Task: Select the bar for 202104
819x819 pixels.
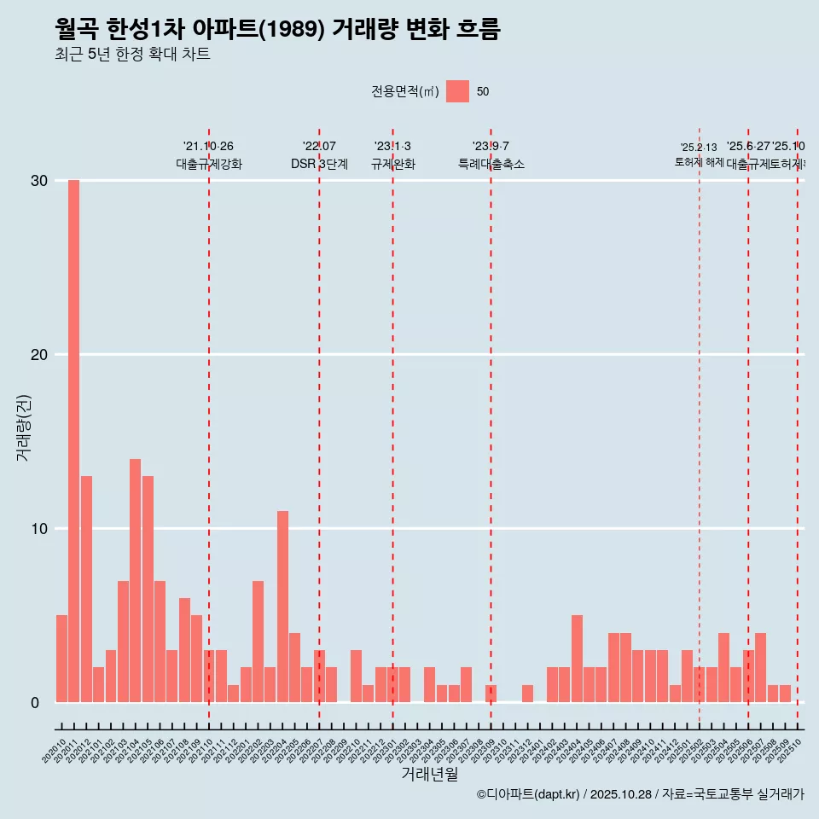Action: (135, 580)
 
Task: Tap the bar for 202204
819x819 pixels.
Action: (282, 607)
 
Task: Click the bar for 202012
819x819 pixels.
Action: (86, 589)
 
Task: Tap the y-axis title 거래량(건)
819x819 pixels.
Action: (23, 427)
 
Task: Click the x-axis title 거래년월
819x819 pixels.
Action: (429, 775)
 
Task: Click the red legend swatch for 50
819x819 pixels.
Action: (457, 91)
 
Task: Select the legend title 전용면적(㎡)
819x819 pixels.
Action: (405, 92)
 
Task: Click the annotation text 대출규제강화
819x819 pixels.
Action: (209, 164)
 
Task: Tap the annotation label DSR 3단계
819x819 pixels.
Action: (319, 164)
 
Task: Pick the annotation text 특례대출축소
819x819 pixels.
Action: (491, 164)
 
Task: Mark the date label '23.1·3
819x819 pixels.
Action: (392, 147)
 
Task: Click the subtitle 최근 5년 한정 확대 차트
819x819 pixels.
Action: (132, 55)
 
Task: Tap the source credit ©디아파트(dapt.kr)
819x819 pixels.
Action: (528, 794)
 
